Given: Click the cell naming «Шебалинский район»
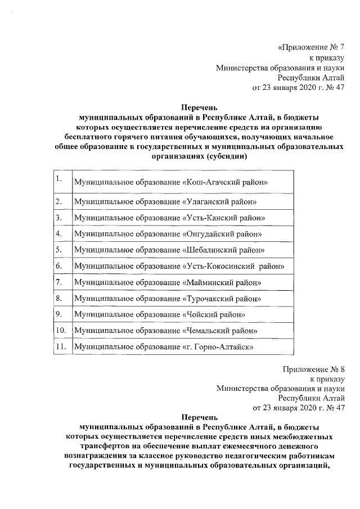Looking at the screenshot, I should [x=169, y=250].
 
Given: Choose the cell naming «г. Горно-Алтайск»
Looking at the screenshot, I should [x=164, y=348].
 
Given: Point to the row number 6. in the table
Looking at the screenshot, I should [x=58, y=265].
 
